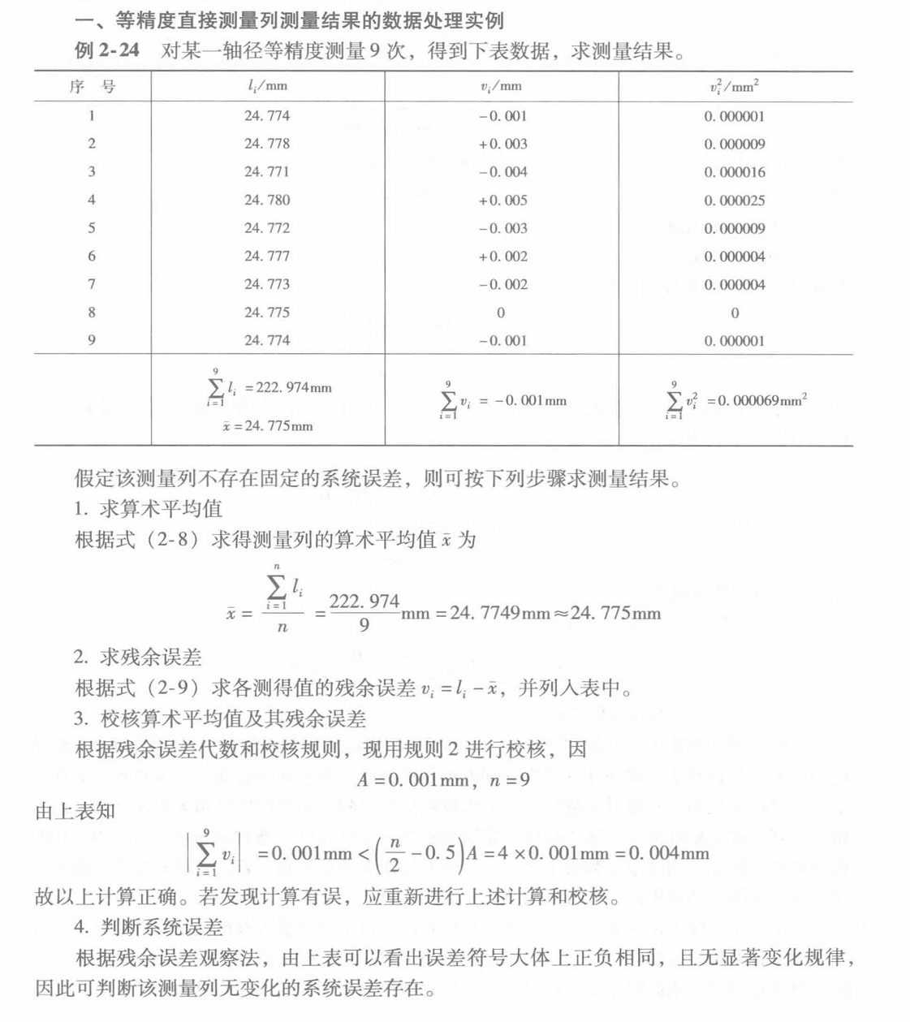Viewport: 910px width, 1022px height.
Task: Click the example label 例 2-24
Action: pyautogui.click(x=107, y=50)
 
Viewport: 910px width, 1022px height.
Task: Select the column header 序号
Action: pyautogui.click(x=92, y=86)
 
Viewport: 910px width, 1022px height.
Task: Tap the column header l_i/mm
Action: pyautogui.click(x=267, y=86)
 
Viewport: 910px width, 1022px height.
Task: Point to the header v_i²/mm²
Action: pyautogui.click(x=734, y=86)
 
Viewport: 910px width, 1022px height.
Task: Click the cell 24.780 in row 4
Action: pyautogui.click(x=267, y=200)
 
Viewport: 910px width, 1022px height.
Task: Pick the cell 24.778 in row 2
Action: pyautogui.click(x=267, y=144)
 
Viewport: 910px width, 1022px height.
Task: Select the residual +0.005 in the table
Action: pyautogui.click(x=502, y=200)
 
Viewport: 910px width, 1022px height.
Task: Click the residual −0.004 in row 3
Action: pyautogui.click(x=502, y=172)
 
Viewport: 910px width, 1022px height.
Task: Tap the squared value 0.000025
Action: pyautogui.click(x=734, y=201)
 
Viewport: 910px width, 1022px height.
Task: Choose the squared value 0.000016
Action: pyautogui.click(x=734, y=172)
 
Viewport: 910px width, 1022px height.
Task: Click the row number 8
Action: pyautogui.click(x=92, y=313)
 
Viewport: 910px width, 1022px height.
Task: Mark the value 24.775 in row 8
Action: pyautogui.click(x=267, y=313)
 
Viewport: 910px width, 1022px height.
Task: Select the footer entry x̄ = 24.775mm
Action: pyautogui.click(x=267, y=426)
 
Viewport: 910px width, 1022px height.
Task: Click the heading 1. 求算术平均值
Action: pyautogui.click(x=148, y=509)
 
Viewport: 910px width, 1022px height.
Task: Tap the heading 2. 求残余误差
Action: pyautogui.click(x=138, y=658)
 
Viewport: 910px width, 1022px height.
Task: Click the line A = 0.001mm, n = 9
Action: pyautogui.click(x=443, y=780)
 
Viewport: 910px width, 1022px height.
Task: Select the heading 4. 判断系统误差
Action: pyautogui.click(x=149, y=927)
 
